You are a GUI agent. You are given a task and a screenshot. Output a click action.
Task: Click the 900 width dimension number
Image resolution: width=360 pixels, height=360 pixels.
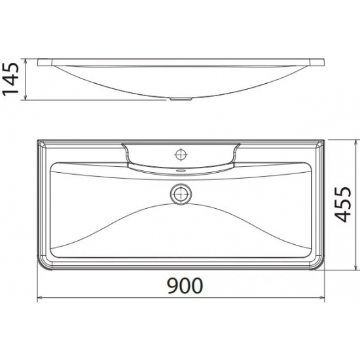tap(179, 286)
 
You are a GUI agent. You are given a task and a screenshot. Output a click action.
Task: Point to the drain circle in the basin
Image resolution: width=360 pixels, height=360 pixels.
tap(180, 193)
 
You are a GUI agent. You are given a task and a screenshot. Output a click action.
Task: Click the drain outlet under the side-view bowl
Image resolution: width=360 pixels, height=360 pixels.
tap(180, 99)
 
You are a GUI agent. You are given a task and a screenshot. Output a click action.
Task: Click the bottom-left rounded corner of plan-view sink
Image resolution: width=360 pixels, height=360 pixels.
tap(43, 264)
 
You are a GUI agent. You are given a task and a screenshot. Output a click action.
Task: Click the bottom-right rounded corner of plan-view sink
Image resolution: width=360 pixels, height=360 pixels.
tap(317, 264)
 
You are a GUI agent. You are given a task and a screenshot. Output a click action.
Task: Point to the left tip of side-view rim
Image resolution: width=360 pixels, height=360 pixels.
tap(39, 62)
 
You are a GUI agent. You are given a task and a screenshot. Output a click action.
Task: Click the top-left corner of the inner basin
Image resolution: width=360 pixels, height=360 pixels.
tap(52, 164)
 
